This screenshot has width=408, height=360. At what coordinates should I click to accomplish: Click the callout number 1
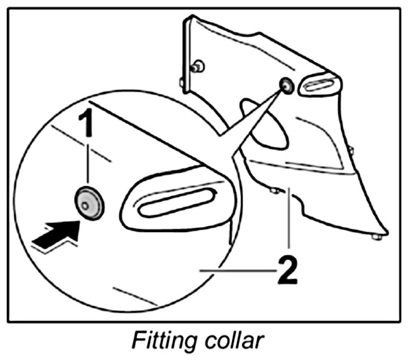coord(87,126)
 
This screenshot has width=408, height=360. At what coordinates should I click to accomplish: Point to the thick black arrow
coord(58,232)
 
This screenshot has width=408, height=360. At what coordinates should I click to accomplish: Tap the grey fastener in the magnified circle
coord(88,204)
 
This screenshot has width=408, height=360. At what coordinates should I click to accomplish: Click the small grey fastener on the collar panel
coord(286,86)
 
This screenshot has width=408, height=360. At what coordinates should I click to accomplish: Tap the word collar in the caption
coord(232,341)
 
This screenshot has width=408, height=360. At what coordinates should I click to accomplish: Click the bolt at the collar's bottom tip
coord(376,236)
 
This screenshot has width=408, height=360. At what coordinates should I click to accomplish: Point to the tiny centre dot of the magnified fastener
coord(86,205)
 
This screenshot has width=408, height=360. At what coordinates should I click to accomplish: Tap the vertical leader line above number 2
coord(288,222)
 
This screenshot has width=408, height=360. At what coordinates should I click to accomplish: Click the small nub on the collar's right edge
coord(350,152)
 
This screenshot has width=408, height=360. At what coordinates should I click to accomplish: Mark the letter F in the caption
coord(139,341)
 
